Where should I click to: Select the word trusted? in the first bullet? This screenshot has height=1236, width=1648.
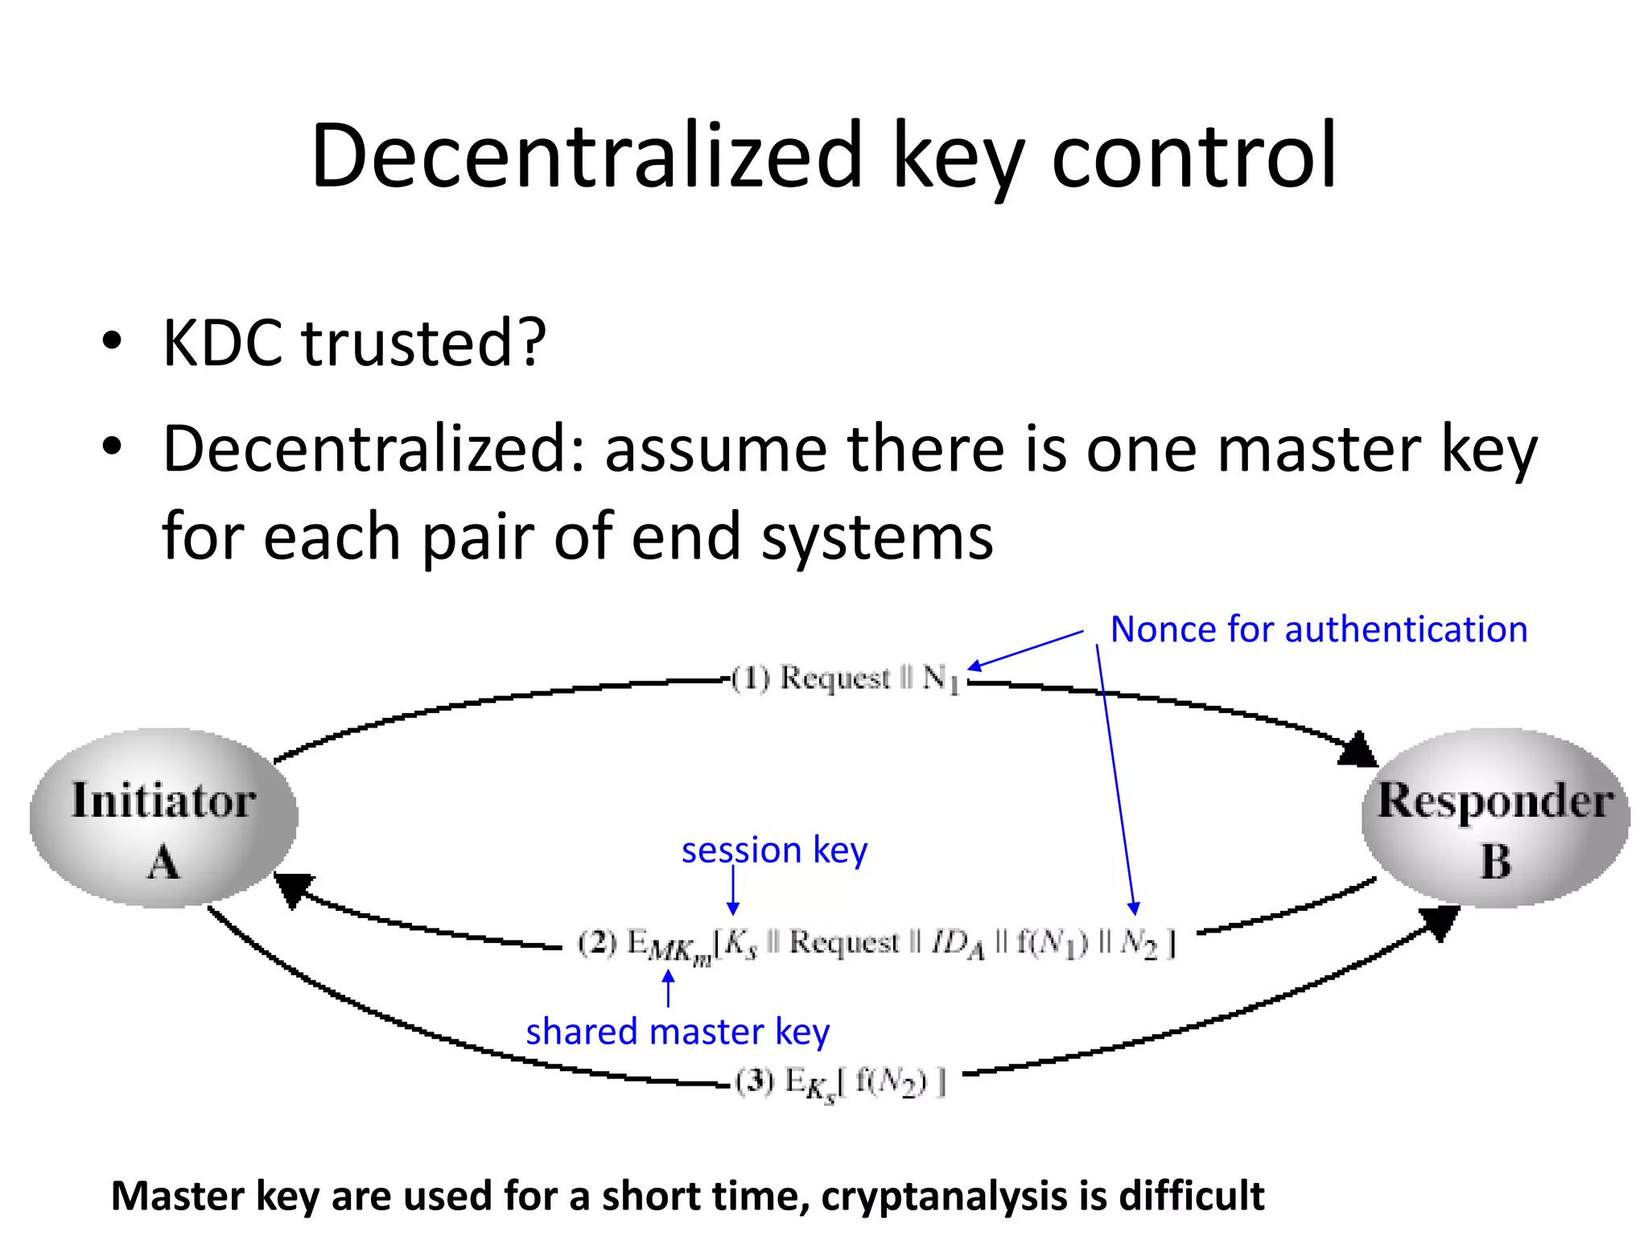423,344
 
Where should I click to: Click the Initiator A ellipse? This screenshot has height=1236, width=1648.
164,818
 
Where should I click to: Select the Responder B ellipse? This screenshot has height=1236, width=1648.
1495,818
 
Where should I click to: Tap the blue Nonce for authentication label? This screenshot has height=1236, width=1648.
1318,629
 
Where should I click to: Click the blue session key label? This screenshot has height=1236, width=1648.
774,851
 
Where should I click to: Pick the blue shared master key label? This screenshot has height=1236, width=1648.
678,1032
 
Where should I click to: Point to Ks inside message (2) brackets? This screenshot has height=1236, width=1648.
741,943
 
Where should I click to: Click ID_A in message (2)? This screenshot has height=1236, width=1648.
958,943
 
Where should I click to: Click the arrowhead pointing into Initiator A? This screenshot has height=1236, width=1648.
291,888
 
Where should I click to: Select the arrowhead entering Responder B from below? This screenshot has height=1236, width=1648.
1439,921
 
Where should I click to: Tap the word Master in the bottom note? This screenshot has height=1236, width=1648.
178,1196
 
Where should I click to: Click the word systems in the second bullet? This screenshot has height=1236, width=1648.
877,537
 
